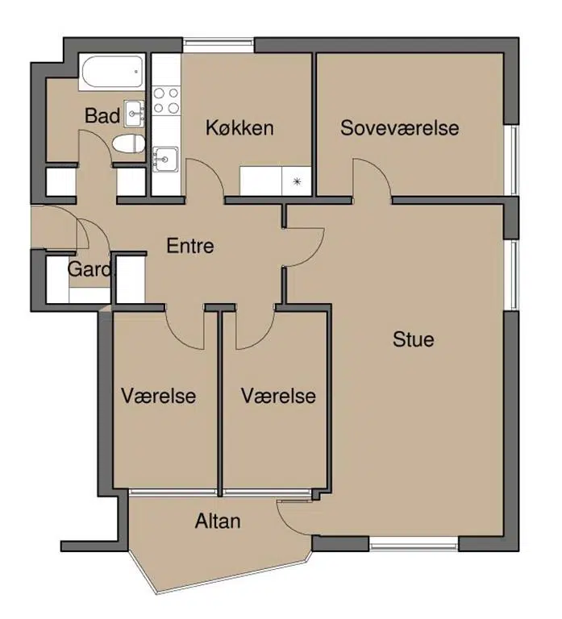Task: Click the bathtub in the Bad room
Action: pyautogui.click(x=111, y=73)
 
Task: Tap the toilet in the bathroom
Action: pyautogui.click(x=129, y=143)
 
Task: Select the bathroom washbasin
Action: pyautogui.click(x=134, y=114)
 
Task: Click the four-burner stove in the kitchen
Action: pyautogui.click(x=166, y=100)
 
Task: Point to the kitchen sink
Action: pyautogui.click(x=165, y=160)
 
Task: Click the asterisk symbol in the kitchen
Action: pyautogui.click(x=297, y=181)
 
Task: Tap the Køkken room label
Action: pyautogui.click(x=239, y=128)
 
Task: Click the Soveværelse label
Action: pyautogui.click(x=400, y=128)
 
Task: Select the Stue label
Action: pyautogui.click(x=414, y=339)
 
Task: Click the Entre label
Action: pyautogui.click(x=190, y=246)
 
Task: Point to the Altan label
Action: pyautogui.click(x=218, y=521)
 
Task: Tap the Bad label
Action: pyautogui.click(x=102, y=116)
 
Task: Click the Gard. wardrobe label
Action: pyautogui.click(x=91, y=269)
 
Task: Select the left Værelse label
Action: pyautogui.click(x=158, y=396)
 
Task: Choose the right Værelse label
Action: pyautogui.click(x=278, y=396)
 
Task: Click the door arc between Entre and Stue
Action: pyautogui.click(x=314, y=255)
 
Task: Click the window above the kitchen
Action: pyautogui.click(x=219, y=45)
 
